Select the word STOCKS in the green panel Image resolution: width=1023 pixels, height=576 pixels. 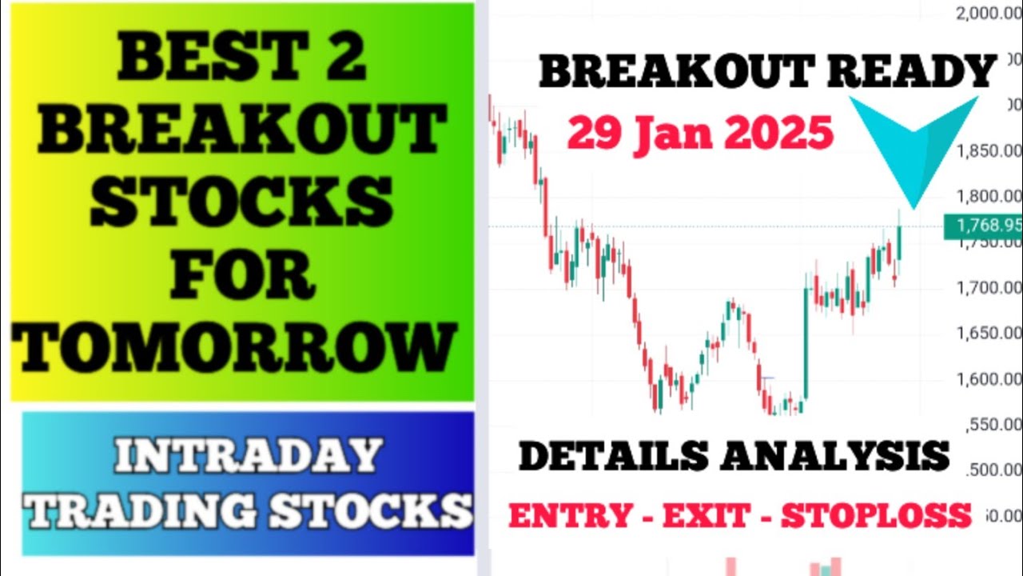[x=241, y=203]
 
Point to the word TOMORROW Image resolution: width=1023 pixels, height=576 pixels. [x=237, y=346]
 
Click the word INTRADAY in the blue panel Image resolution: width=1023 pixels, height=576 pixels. [x=248, y=456]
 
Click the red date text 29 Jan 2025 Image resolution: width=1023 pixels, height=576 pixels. [x=700, y=133]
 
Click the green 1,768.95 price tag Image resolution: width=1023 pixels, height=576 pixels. [x=983, y=226]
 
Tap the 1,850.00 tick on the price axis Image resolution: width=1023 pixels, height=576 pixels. [x=989, y=151]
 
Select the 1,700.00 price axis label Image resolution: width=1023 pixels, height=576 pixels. [x=989, y=288]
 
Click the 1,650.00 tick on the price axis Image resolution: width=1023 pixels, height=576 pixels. [x=989, y=334]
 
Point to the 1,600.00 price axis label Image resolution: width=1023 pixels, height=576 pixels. [x=989, y=378]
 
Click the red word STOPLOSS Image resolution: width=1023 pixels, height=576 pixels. [x=876, y=516]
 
